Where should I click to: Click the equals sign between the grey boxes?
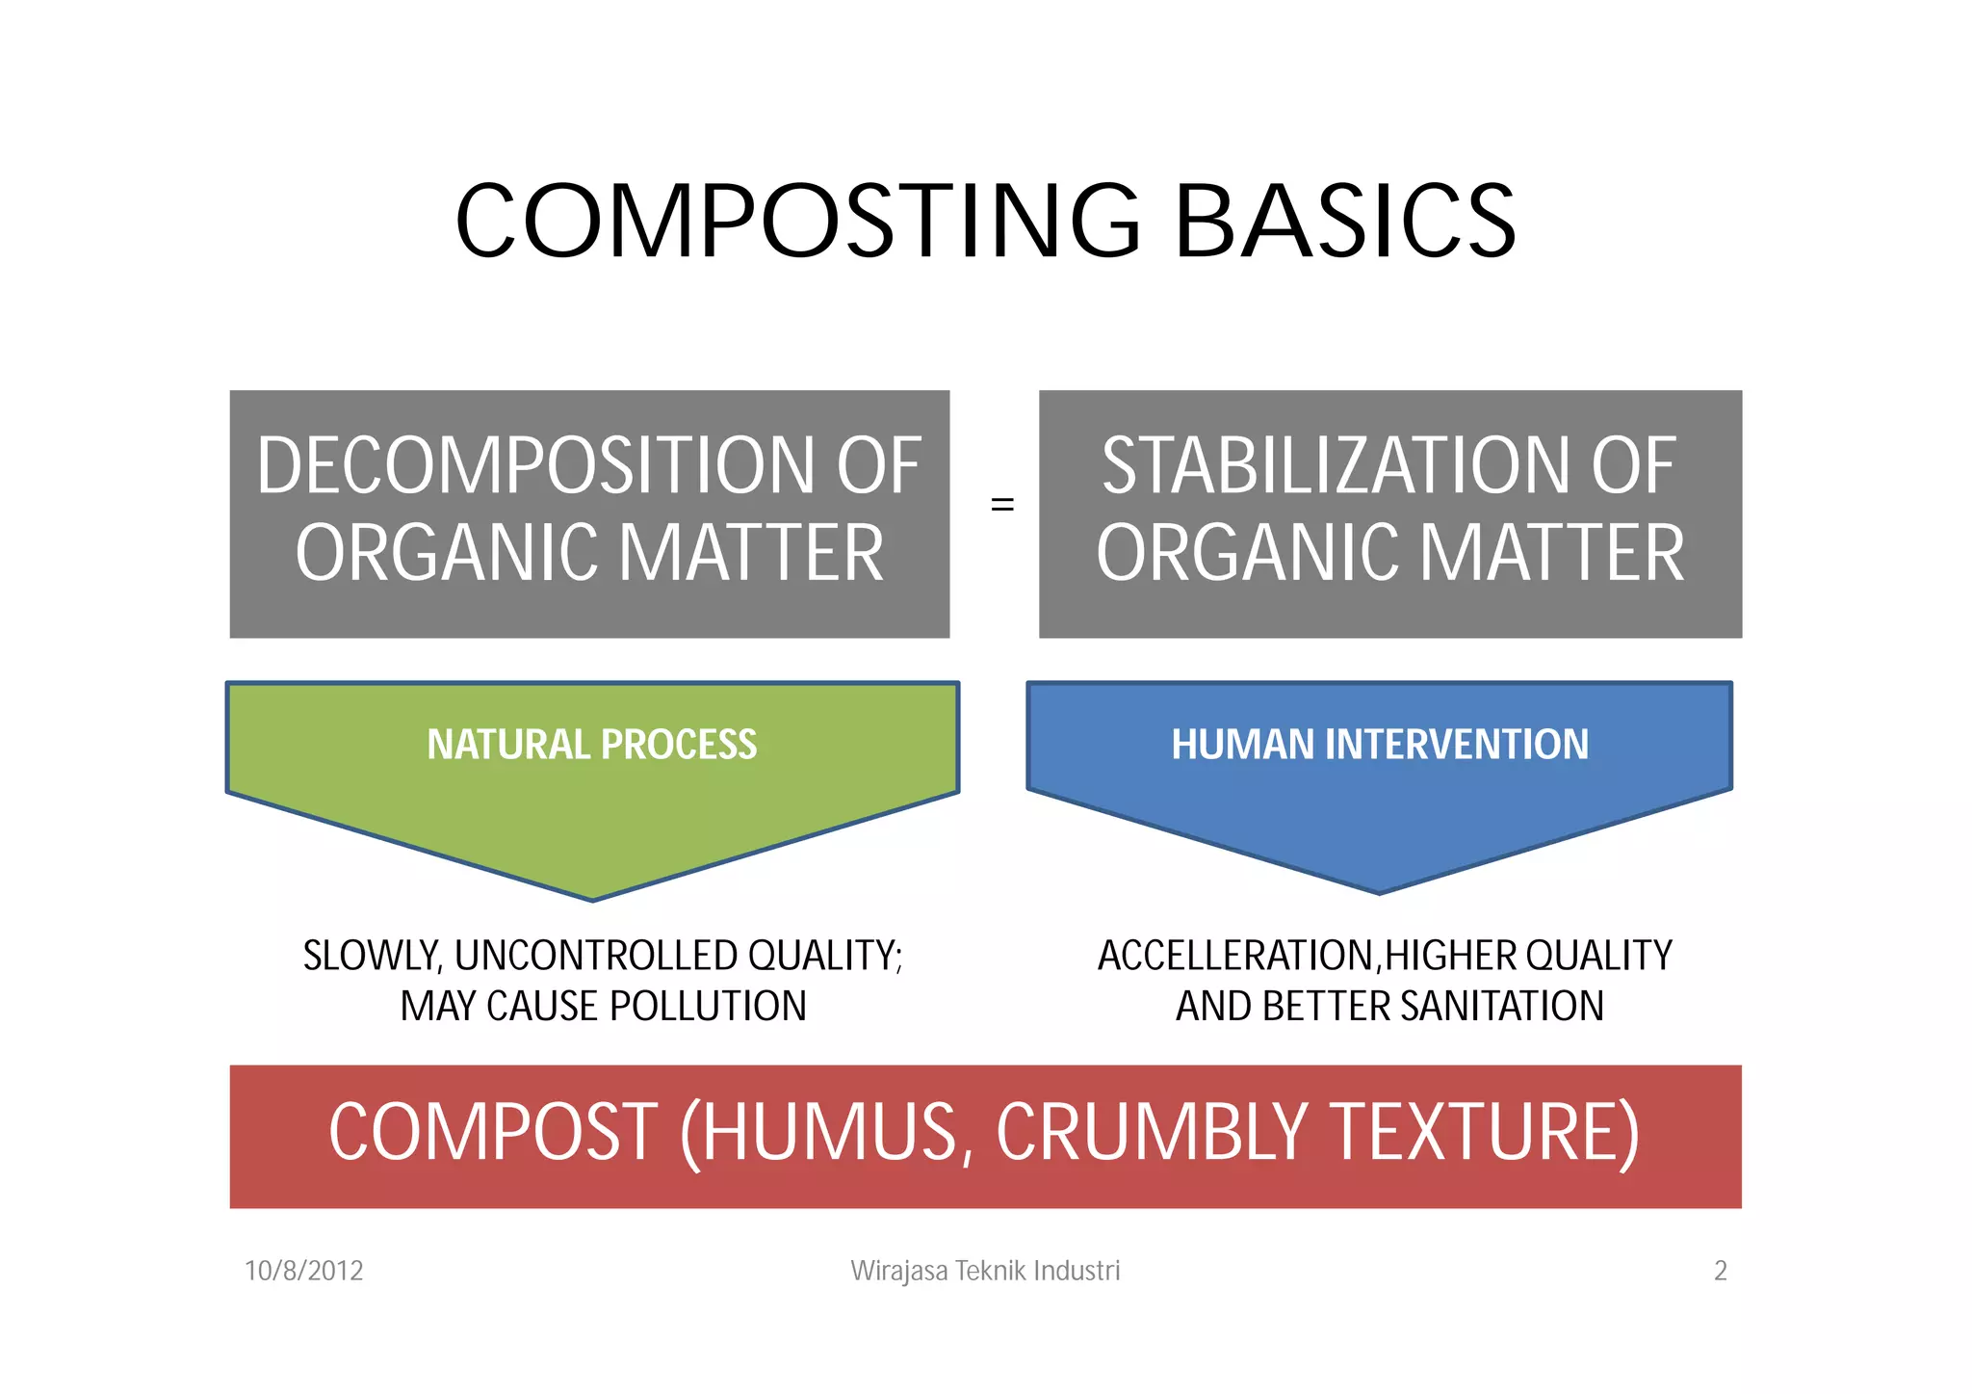(x=1002, y=505)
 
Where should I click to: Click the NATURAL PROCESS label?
(x=592, y=745)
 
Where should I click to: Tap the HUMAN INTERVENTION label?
(x=1380, y=745)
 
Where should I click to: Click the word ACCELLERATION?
(x=1236, y=956)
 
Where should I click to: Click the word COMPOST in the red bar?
(x=493, y=1133)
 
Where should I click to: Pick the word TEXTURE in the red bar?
(x=1483, y=1133)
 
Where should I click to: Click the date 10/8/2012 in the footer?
(x=304, y=1271)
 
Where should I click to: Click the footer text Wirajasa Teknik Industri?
(x=985, y=1271)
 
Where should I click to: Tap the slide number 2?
(x=1721, y=1271)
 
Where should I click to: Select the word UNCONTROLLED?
(x=597, y=956)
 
